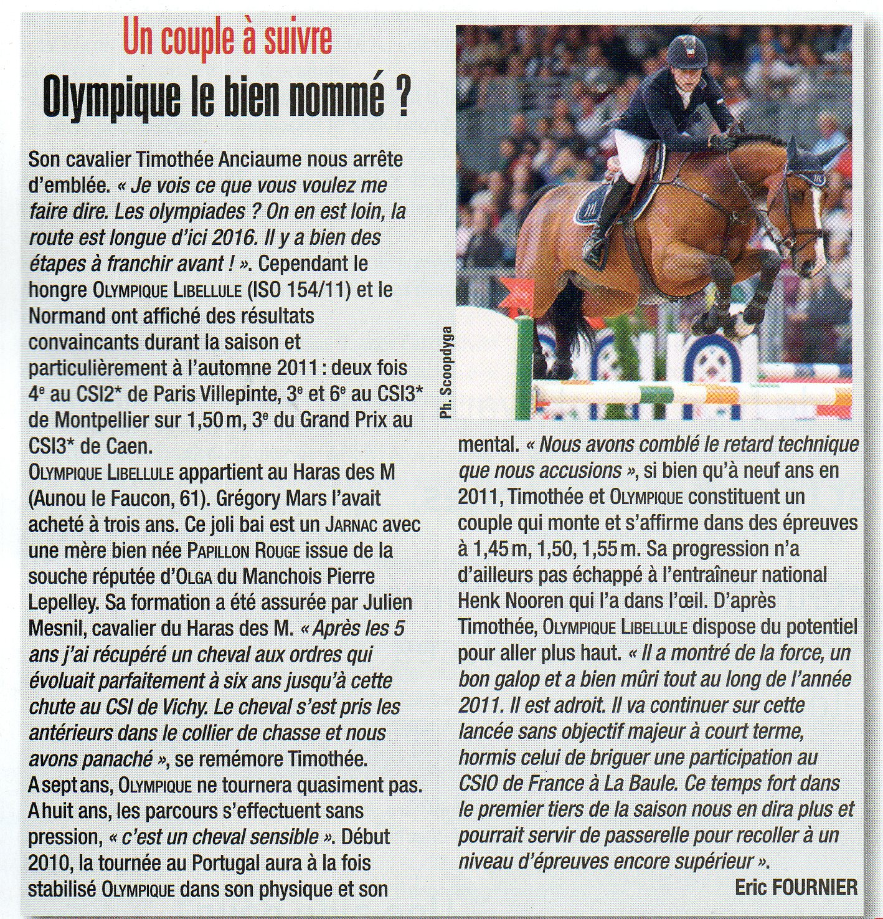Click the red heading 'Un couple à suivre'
coord(228,39)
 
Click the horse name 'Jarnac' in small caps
coord(352,525)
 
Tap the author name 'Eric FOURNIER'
coord(796,887)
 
